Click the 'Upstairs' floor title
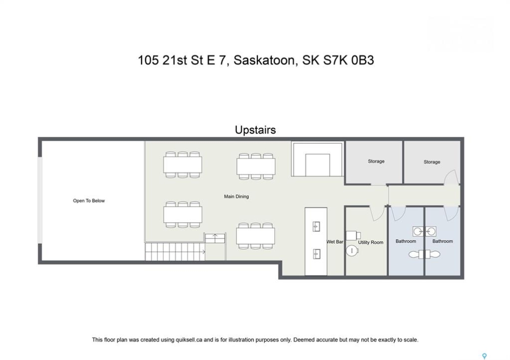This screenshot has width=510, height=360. [255, 130]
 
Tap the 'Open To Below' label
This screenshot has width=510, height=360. [89, 201]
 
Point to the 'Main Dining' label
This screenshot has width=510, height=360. [236, 196]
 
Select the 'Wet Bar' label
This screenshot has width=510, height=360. [335, 241]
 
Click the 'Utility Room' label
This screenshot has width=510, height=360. [371, 242]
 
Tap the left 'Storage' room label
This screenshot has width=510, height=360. [376, 161]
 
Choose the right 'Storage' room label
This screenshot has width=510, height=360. [432, 162]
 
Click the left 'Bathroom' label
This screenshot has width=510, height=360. [406, 241]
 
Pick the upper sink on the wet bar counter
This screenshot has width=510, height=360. [316, 226]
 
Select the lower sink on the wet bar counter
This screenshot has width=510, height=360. [316, 254]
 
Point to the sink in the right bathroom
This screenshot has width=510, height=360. [431, 231]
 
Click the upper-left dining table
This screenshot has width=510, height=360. [183, 164]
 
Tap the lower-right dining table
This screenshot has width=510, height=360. [256, 236]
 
